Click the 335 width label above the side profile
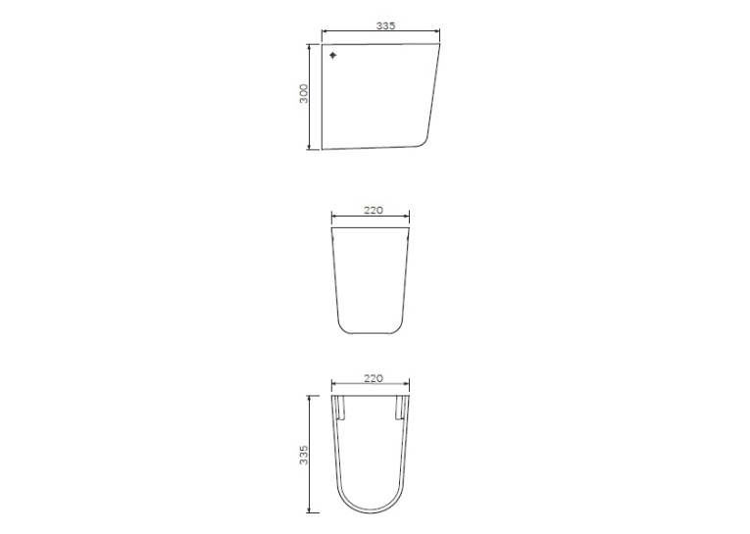[x=385, y=25]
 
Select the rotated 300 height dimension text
[x=304, y=94]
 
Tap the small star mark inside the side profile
[x=333, y=56]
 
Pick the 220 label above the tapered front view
[x=374, y=210]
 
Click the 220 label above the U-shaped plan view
[x=374, y=378]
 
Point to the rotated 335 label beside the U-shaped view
[x=304, y=455]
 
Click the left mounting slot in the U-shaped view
[x=341, y=408]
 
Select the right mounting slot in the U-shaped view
[x=400, y=408]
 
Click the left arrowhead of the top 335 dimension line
[x=325, y=31]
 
